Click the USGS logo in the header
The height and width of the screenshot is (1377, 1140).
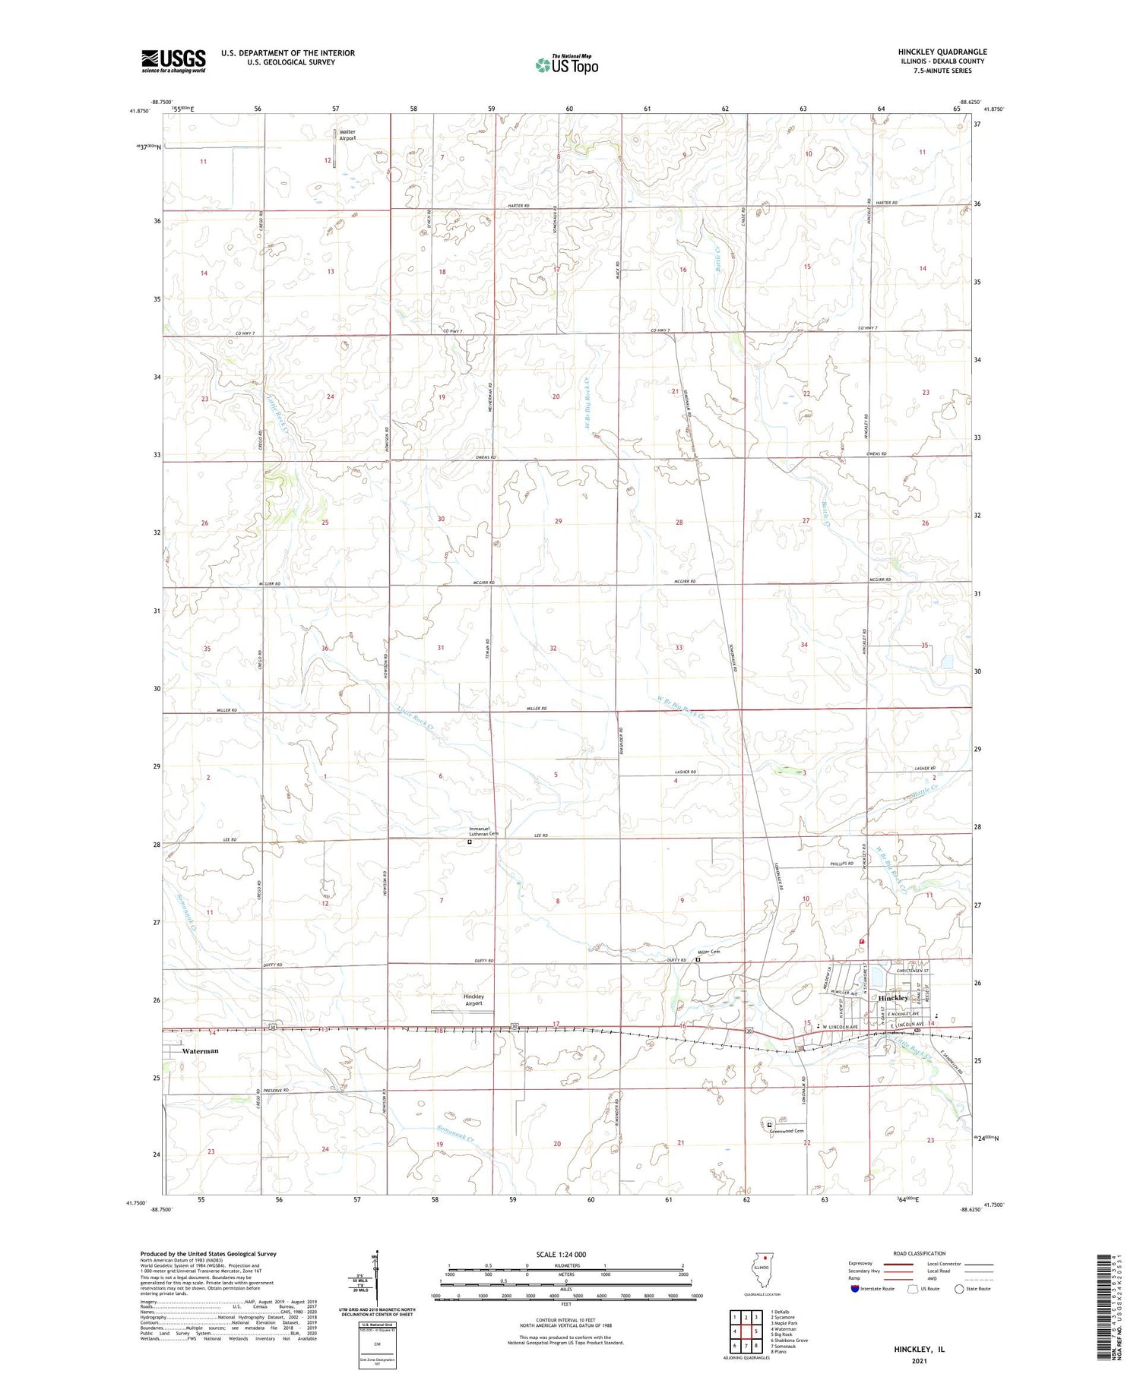(x=173, y=61)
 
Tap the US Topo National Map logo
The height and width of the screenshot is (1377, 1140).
(x=567, y=65)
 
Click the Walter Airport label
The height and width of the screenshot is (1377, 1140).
(x=347, y=135)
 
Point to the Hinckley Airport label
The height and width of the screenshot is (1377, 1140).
(x=473, y=1000)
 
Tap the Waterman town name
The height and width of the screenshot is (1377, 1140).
(x=201, y=1051)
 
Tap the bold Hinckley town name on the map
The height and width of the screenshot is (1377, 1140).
(x=893, y=997)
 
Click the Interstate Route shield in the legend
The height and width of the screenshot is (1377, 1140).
(x=855, y=1288)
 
